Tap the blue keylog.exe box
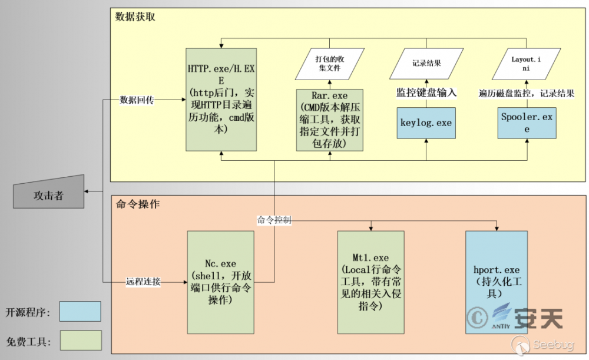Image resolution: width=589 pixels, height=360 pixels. [426, 123]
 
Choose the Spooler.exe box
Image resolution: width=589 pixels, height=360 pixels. [527, 123]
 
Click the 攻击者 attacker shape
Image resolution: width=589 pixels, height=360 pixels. [48, 193]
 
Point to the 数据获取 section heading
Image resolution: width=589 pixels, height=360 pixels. [135, 17]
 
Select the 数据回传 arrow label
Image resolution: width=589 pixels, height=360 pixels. [137, 100]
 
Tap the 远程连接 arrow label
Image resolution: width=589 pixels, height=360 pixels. [143, 282]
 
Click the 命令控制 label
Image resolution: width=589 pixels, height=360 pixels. [274, 220]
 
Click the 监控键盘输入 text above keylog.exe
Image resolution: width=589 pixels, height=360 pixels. [426, 93]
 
